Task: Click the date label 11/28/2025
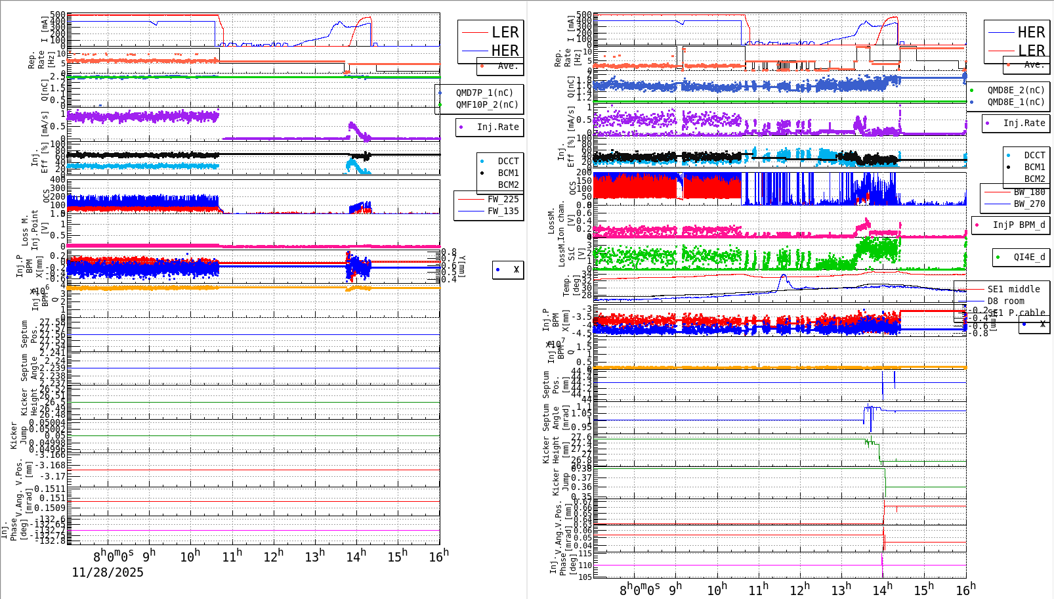pos(108,573)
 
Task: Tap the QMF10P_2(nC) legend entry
pos(486,104)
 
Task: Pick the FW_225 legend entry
pos(503,199)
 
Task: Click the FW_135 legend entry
pos(503,211)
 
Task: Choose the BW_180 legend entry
pos(1029,192)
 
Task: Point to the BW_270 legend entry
pos(1029,204)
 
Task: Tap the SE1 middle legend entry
pos(1013,289)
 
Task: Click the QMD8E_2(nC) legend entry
pos(1015,90)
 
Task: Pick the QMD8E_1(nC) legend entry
pos(1015,102)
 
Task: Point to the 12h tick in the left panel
pos(274,556)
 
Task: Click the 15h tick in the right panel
pos(925,589)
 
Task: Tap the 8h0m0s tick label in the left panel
pos(115,556)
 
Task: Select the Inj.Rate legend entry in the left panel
pos(497,127)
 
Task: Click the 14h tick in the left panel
pos(356,556)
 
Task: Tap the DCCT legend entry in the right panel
pos(1034,156)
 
